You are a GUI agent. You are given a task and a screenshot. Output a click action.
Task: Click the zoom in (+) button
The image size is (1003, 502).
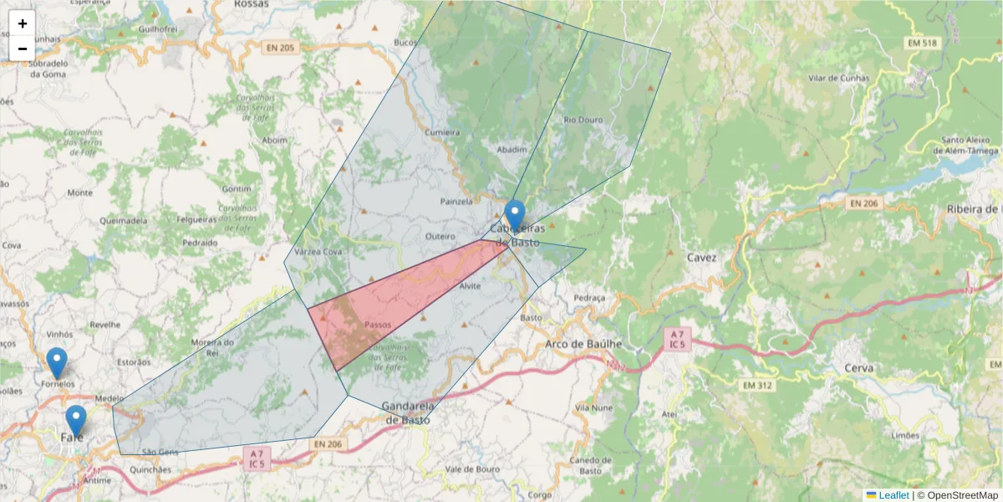tap(22, 23)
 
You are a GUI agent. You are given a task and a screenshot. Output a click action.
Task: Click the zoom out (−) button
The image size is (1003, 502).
tap(22, 49)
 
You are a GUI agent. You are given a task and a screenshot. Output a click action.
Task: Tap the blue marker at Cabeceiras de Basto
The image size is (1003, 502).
tap(515, 216)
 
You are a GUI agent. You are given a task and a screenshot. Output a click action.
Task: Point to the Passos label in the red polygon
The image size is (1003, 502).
tap(378, 325)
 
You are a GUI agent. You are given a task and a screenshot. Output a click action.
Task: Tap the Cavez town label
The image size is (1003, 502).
tap(702, 258)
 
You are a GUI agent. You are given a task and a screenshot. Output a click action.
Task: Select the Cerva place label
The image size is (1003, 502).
tap(858, 368)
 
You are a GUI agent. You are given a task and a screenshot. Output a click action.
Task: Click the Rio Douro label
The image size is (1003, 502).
tap(583, 120)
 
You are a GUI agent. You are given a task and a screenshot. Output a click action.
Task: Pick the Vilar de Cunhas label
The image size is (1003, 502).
tap(838, 79)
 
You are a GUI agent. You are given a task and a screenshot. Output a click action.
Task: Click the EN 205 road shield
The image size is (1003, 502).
tap(280, 48)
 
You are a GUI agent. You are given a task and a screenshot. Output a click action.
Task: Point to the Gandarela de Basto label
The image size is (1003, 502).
tap(407, 412)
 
